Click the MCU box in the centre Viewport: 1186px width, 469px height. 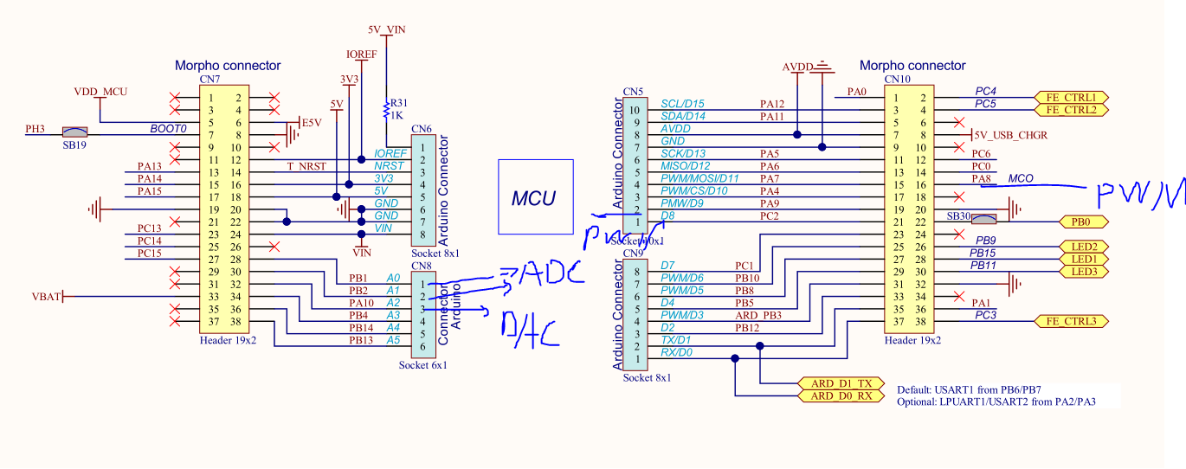535,196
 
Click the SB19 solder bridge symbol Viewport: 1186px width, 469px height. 74,133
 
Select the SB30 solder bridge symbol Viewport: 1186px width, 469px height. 986,220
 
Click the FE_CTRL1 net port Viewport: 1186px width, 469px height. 1071,97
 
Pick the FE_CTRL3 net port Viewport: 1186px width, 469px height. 1071,321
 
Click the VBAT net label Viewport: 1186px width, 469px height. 46,296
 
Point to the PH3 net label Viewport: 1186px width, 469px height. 35,130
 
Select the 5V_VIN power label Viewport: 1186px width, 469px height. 386,29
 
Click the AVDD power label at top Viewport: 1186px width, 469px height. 797,67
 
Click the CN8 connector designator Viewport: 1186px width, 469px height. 422,266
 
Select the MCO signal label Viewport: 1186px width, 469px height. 1021,179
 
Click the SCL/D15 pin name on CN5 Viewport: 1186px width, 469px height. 682,104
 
